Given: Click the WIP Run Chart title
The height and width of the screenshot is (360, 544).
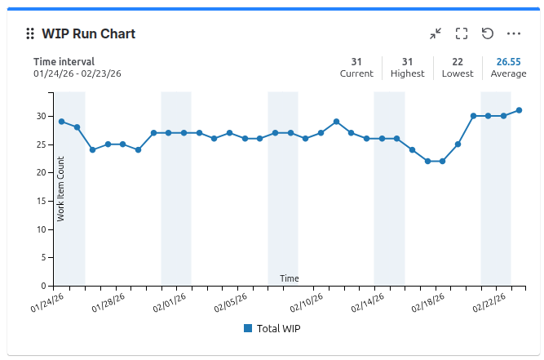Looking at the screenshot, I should click(88, 33).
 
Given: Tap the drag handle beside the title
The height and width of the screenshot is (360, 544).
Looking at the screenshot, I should click(29, 33).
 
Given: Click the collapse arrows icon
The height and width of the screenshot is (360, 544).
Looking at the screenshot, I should click(436, 33).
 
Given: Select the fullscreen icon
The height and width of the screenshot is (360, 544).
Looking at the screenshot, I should click(462, 33).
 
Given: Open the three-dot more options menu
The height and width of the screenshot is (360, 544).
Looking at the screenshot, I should click(514, 33).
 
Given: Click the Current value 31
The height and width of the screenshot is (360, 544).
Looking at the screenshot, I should click(356, 61).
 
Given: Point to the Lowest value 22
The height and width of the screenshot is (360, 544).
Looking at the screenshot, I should click(458, 61).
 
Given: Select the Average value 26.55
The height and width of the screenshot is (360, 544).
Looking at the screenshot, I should click(508, 61).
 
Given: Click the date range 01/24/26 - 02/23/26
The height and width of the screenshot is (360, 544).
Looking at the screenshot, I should click(77, 73).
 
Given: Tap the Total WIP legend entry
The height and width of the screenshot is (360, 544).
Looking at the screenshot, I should click(272, 328).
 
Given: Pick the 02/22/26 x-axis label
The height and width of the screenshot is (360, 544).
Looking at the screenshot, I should click(492, 304).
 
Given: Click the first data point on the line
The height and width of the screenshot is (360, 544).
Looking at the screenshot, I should click(61, 122).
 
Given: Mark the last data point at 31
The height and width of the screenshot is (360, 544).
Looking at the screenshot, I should click(519, 110).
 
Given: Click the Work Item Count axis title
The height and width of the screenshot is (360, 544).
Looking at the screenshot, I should click(61, 189).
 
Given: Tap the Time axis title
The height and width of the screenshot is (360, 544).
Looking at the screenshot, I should click(290, 278).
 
